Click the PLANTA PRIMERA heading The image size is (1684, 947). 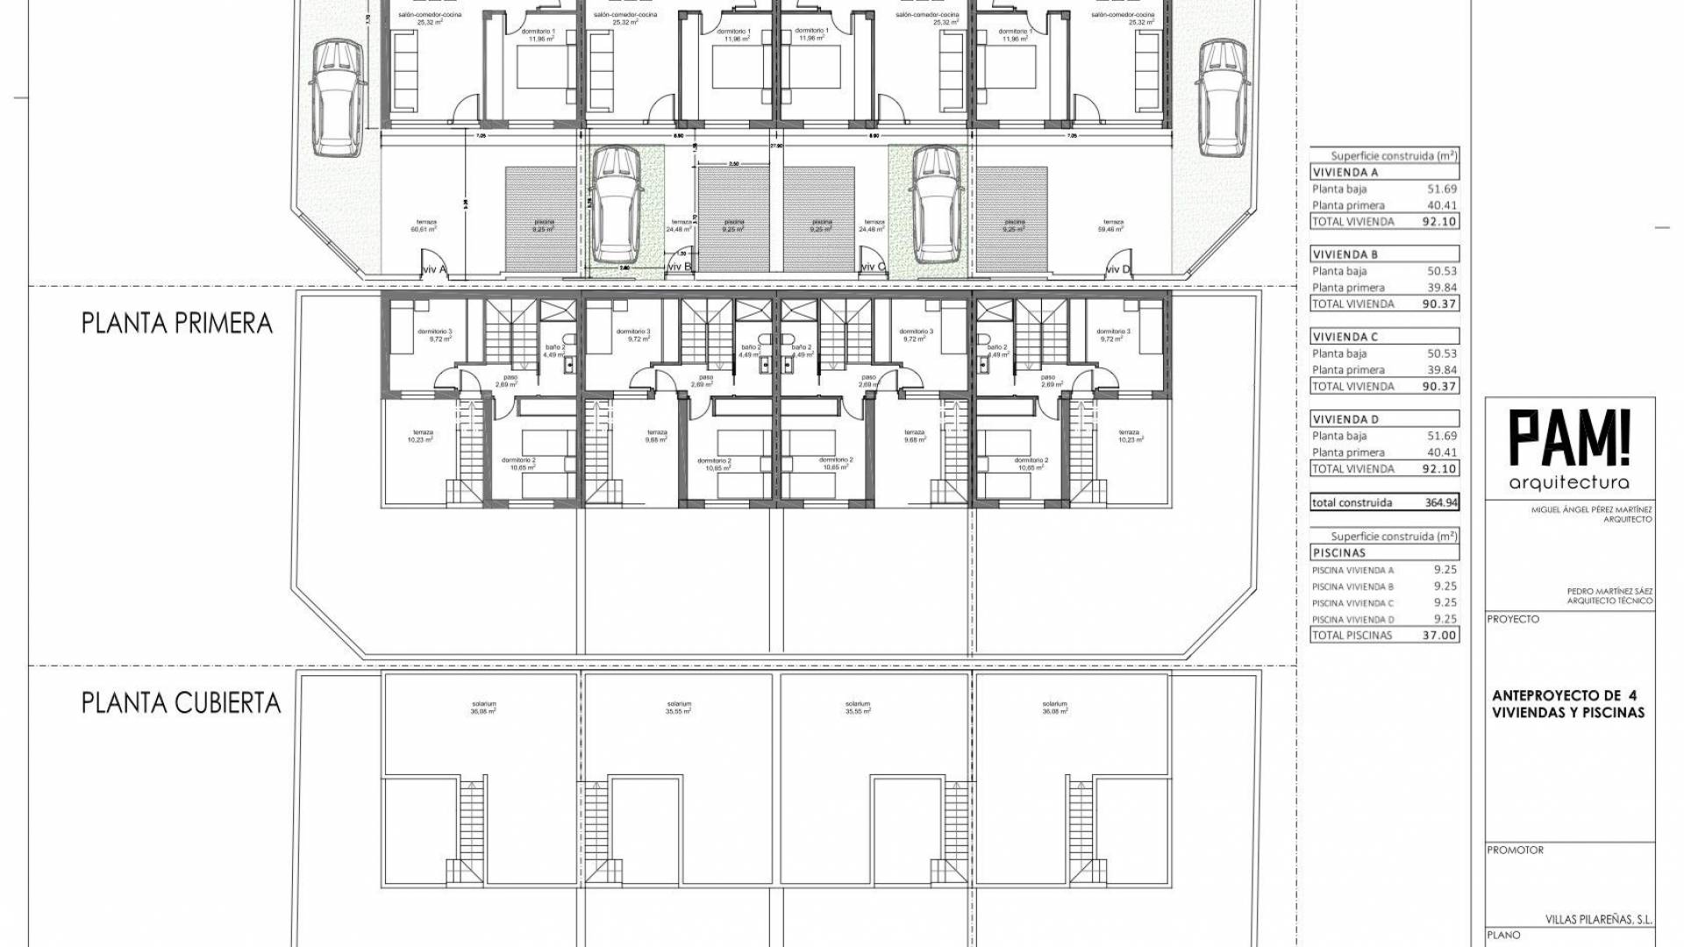[177, 324]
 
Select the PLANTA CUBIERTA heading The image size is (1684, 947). [182, 703]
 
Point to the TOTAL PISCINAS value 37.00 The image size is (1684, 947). [1438, 635]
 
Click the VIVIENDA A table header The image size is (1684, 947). [1345, 173]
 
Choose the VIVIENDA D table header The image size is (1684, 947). [1345, 419]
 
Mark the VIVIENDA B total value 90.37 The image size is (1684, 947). [1438, 304]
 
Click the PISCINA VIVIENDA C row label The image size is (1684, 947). [1352, 603]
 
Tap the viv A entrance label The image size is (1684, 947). [434, 269]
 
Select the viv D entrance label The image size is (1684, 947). [1119, 269]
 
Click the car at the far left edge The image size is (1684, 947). [336, 96]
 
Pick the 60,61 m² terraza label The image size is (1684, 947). [423, 226]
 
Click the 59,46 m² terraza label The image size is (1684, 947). [1113, 226]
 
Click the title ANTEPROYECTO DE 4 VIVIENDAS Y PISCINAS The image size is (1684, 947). [1567, 704]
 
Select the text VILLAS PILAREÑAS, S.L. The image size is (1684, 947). [1598, 921]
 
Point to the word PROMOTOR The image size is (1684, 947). [1515, 851]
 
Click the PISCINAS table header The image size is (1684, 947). [1339, 553]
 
